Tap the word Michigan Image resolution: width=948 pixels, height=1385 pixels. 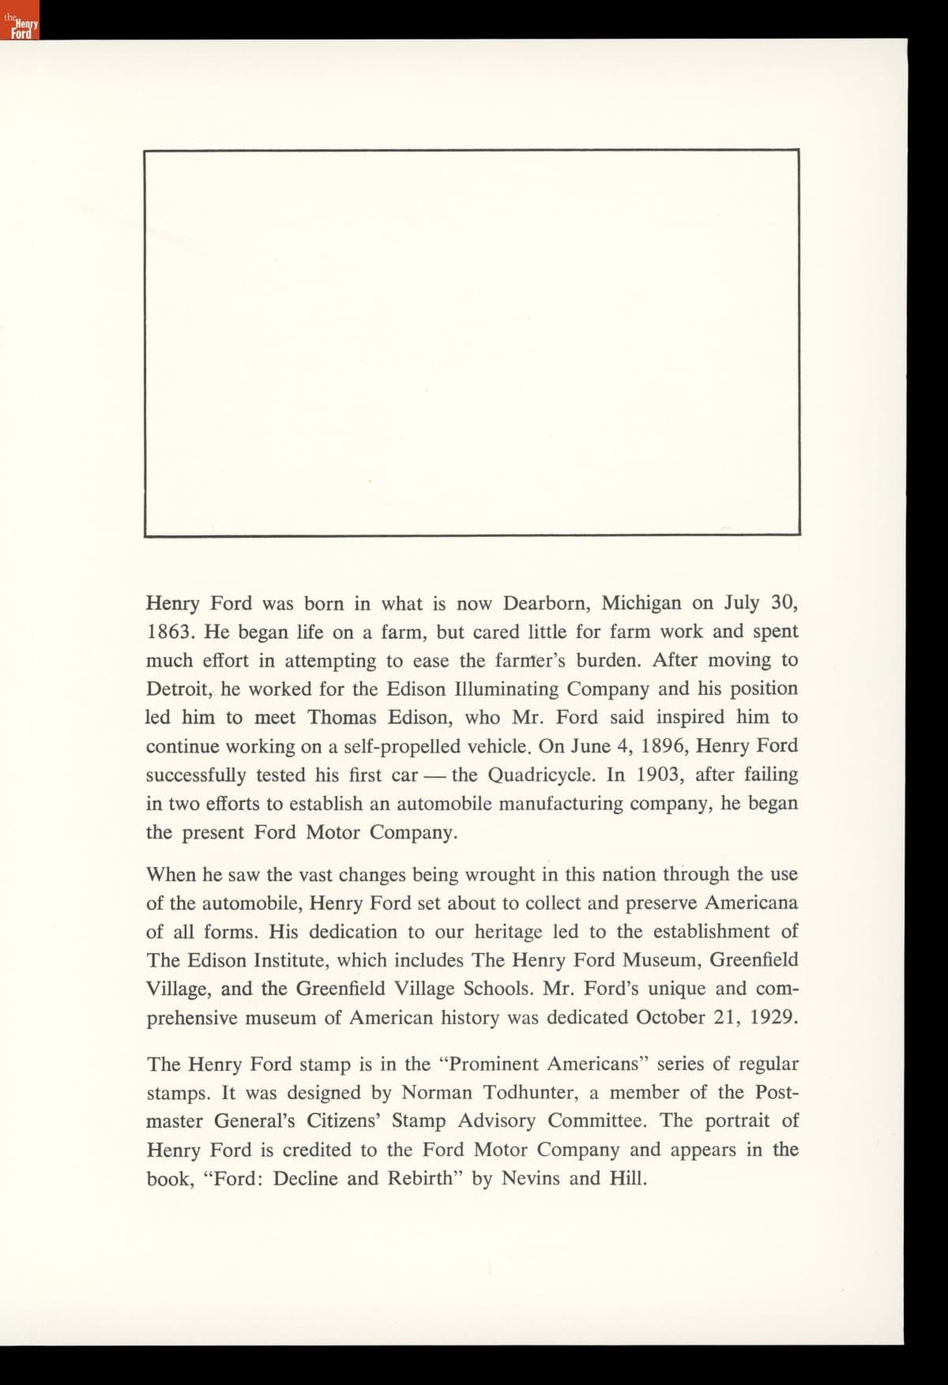point(641,604)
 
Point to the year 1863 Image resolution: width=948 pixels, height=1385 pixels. point(167,632)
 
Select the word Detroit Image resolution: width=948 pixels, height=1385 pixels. point(178,689)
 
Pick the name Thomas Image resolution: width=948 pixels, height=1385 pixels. point(344,718)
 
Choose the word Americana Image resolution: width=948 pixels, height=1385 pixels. point(751,903)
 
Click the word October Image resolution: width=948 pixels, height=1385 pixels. point(671,1017)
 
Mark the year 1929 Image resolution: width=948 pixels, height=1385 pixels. point(772,1017)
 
